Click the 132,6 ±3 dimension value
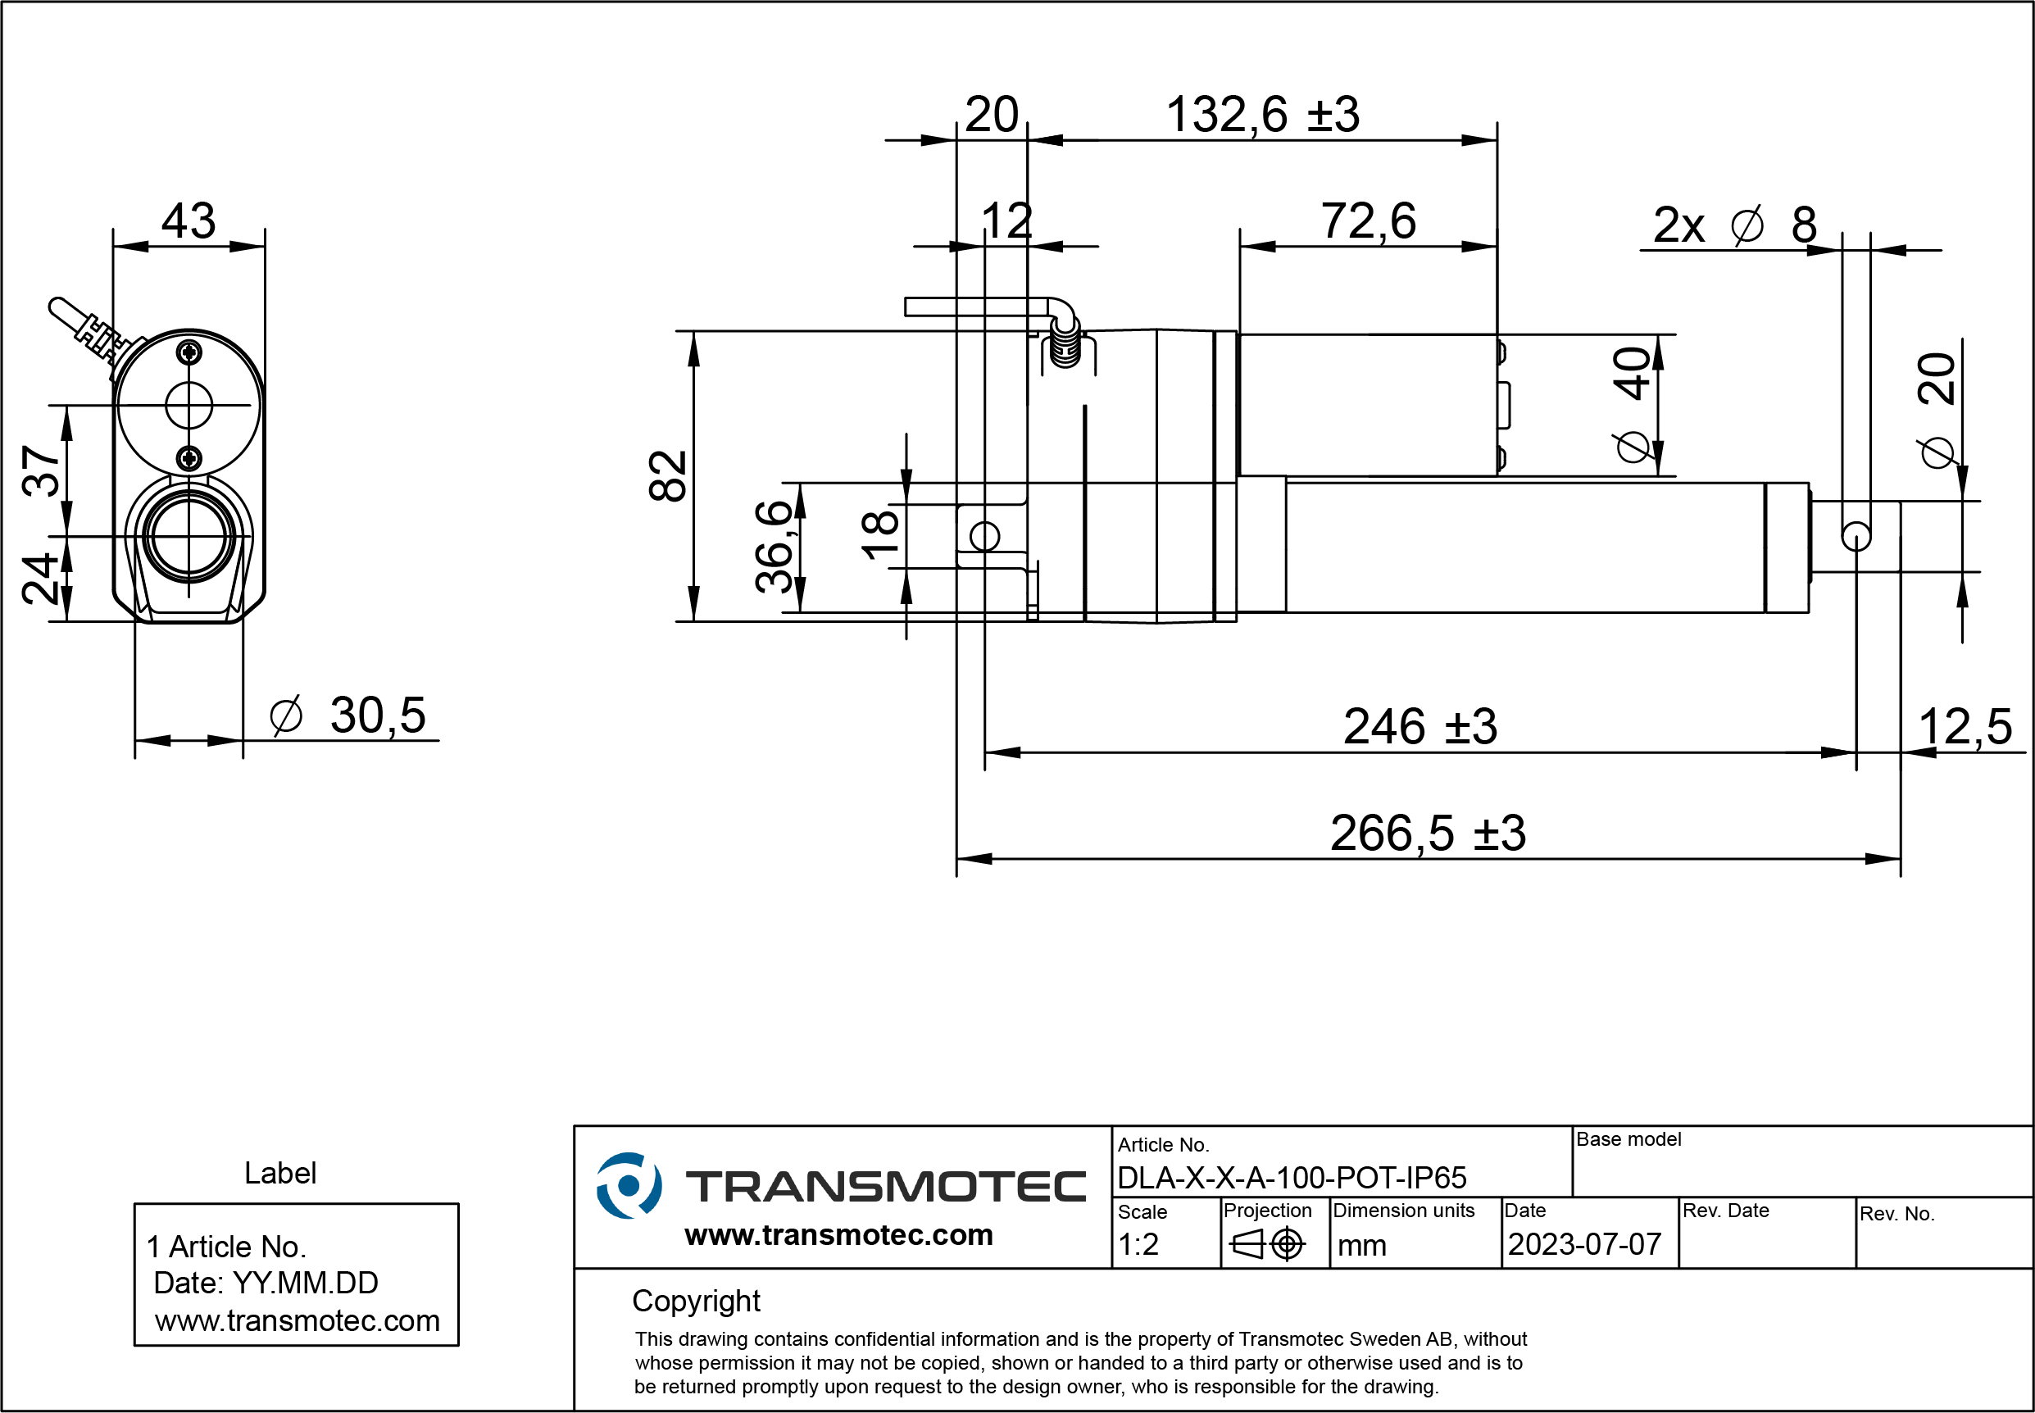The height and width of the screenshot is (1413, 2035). point(1262,115)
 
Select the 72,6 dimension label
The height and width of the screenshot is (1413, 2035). point(1369,220)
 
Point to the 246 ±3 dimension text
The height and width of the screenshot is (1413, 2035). point(1420,727)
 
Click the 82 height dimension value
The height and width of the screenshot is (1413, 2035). point(667,475)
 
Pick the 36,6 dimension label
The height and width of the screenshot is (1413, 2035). point(774,545)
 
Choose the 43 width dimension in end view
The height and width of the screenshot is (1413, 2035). point(189,220)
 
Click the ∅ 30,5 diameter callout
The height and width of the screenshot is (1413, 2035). point(347,716)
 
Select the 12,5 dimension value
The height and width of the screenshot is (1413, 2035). point(1965,727)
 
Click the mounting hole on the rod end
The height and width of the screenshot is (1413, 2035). point(1856,537)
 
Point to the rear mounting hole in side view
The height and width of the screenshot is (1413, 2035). point(984,537)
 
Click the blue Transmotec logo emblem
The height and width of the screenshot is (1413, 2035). point(629,1185)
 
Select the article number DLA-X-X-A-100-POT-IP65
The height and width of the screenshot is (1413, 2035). point(1292,1178)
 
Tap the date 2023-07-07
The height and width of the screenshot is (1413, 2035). point(1584,1245)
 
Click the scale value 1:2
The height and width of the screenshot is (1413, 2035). point(1138,1245)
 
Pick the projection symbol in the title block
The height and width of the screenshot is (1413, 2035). point(1268,1245)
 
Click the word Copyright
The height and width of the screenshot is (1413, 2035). point(696,1302)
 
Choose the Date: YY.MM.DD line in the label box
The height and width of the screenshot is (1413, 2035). point(266,1283)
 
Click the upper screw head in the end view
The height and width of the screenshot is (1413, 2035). point(189,352)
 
